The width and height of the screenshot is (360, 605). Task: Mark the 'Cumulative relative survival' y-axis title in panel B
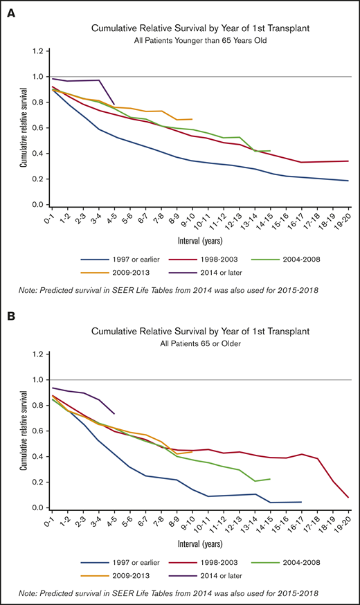[x=23, y=431]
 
